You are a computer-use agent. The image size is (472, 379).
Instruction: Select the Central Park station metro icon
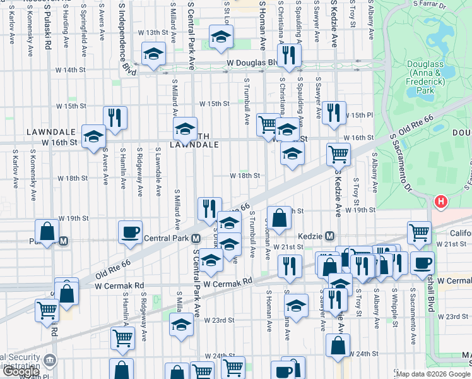point(196,239)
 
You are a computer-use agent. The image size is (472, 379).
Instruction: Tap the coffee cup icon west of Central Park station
point(131,232)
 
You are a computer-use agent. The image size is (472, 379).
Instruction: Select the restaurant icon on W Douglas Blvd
point(290,55)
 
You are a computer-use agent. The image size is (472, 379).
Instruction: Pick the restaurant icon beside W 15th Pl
point(334,113)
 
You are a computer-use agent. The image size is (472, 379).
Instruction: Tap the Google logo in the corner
point(21,372)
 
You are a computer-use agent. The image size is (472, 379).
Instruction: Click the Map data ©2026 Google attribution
point(432,374)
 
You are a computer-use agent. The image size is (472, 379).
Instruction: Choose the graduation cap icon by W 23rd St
point(182,325)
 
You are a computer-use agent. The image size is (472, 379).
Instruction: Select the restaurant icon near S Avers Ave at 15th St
point(115,118)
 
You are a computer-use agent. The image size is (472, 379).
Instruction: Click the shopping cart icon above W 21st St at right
point(419,233)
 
